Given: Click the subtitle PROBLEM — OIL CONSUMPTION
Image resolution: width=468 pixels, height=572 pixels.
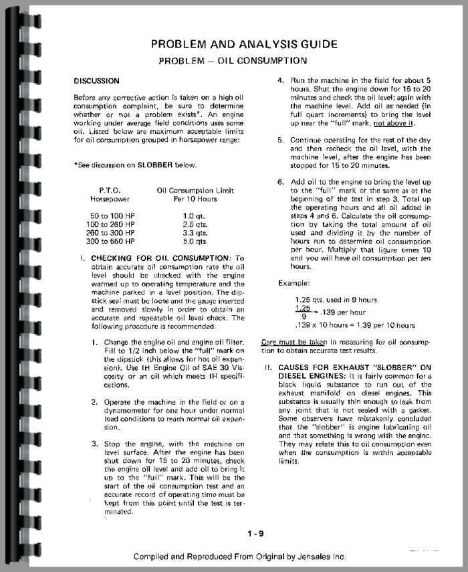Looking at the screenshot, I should [x=233, y=61].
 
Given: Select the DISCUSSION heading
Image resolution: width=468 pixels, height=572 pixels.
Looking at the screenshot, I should [x=97, y=82].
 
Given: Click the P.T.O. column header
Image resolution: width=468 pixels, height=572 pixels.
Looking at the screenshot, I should [x=110, y=191].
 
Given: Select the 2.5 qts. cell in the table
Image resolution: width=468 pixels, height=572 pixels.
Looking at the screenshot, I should [x=193, y=225].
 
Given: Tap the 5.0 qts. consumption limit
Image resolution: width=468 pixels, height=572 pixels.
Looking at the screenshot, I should [x=193, y=241].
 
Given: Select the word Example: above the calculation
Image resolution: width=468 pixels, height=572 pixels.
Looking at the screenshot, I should [x=294, y=283].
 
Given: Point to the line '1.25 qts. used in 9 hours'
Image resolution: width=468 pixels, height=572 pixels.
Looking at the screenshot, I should [x=336, y=300].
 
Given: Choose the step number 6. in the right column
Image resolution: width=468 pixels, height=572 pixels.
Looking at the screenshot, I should [x=281, y=182].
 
